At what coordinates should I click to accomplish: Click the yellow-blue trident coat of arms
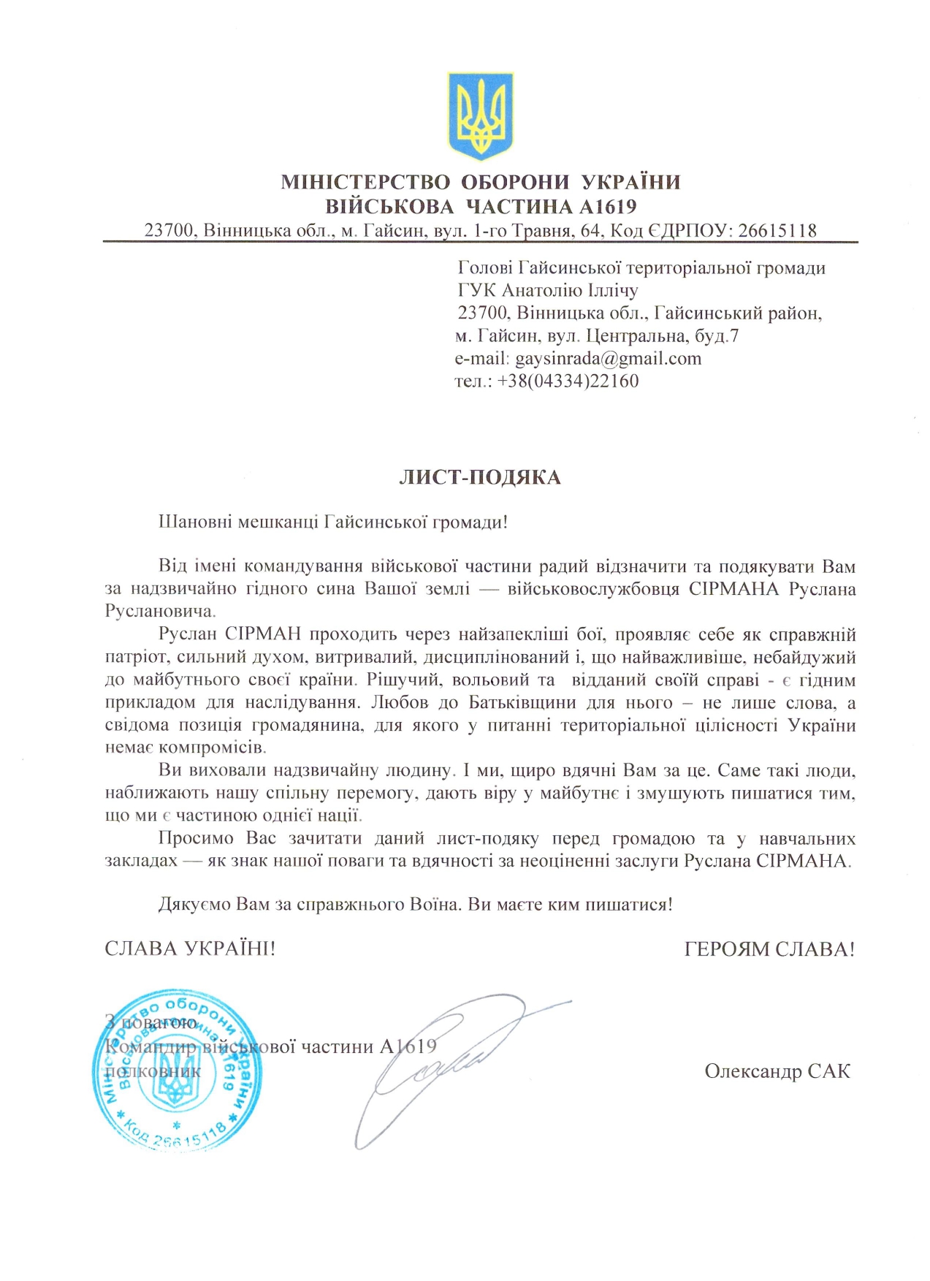480,115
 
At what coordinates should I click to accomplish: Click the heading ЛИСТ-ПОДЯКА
480,478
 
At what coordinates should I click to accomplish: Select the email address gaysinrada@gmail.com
608,359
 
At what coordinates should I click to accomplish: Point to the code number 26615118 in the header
777,232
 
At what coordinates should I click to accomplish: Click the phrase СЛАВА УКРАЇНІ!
190,949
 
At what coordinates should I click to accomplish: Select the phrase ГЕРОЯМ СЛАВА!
769,949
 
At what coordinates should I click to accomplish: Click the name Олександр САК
777,1071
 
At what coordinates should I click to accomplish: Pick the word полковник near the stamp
153,1072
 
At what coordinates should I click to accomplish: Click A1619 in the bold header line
608,207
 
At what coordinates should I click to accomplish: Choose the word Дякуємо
194,905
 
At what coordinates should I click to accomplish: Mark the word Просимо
196,838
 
